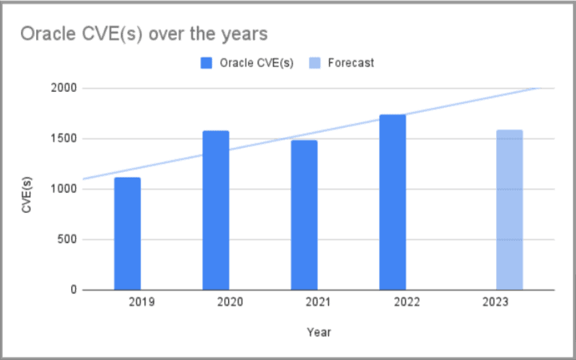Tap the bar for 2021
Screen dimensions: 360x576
coord(304,215)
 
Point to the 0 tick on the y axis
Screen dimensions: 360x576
coord(72,290)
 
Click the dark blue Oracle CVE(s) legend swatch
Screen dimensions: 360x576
coord(206,62)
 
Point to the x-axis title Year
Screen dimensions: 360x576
coord(318,331)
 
